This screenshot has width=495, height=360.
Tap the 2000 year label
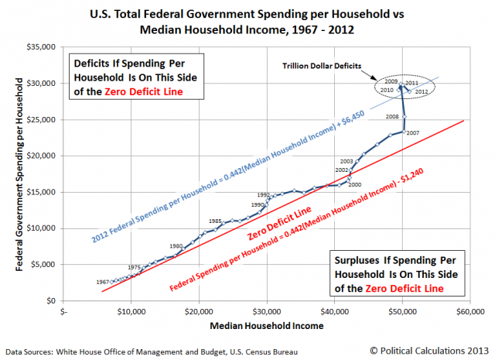(x=355, y=184)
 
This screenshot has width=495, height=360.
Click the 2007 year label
(x=412, y=133)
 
